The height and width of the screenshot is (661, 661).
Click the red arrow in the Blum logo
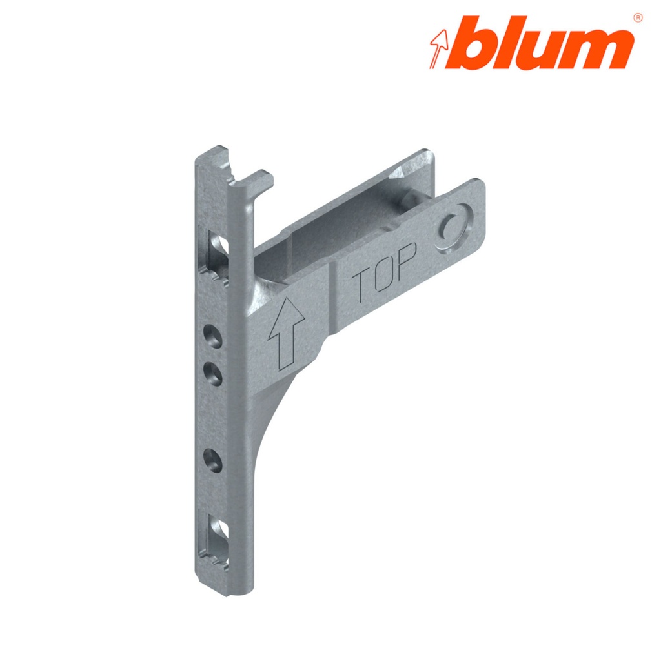click(442, 48)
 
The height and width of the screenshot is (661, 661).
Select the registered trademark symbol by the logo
click(638, 17)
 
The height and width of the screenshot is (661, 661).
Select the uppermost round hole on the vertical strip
click(210, 334)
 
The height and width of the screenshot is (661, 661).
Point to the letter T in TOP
click(362, 284)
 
